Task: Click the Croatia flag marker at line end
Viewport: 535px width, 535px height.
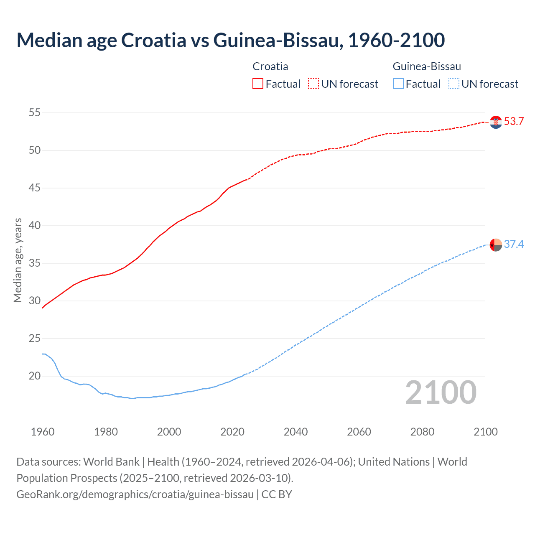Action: click(x=496, y=122)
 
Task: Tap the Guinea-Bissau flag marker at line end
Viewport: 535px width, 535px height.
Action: click(x=496, y=245)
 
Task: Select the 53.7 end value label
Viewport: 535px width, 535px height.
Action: click(x=514, y=122)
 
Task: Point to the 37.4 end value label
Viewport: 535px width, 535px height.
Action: click(x=514, y=244)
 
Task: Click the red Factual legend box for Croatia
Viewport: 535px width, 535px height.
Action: click(x=258, y=84)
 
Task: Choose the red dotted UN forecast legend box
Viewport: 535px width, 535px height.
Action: click(x=313, y=84)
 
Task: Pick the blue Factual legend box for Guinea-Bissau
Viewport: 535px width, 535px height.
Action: click(x=398, y=84)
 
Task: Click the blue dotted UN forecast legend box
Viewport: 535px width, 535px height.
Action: click(x=454, y=84)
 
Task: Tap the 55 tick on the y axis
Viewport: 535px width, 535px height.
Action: click(x=35, y=112)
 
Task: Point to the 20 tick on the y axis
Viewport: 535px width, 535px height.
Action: click(x=35, y=376)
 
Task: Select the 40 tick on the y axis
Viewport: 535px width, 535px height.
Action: click(x=35, y=225)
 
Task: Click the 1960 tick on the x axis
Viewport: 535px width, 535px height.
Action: click(x=43, y=432)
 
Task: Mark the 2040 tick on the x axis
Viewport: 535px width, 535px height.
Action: click(x=296, y=432)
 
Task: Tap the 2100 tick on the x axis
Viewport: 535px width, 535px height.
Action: click(x=485, y=432)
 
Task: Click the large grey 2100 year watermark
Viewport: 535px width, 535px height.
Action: click(x=441, y=392)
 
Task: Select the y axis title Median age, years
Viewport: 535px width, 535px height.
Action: click(x=18, y=260)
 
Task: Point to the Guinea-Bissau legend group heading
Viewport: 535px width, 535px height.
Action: click(x=427, y=66)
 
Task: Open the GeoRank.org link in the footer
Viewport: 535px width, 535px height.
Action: click(x=135, y=494)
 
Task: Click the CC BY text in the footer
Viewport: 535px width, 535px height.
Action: click(x=277, y=494)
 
